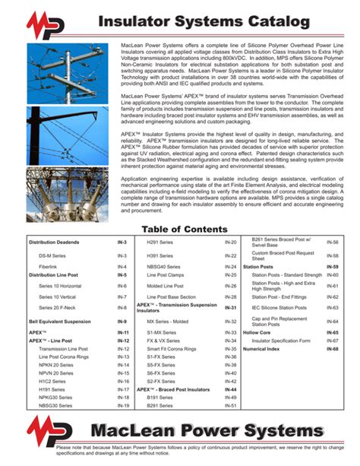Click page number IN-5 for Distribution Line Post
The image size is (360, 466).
pos(122,274)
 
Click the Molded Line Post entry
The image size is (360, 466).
pos(164,286)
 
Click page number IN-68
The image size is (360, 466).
pos(332,348)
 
